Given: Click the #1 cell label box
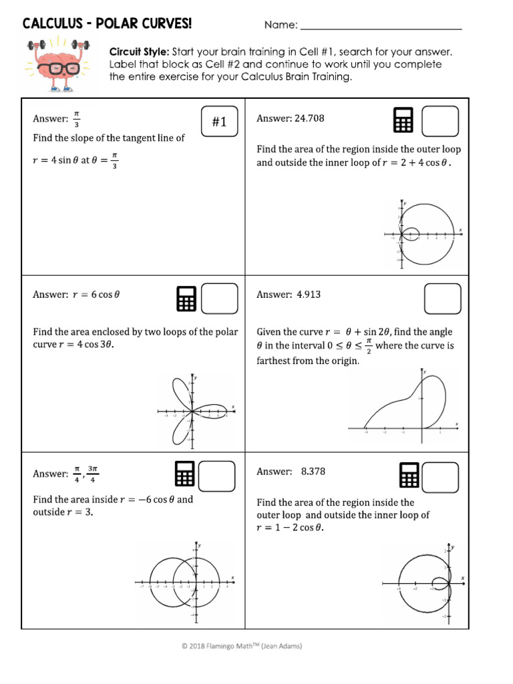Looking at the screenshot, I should (220, 121).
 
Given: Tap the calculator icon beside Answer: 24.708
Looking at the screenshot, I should (403, 120).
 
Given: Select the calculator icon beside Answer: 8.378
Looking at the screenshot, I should (409, 476).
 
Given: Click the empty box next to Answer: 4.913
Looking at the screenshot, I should (442, 298).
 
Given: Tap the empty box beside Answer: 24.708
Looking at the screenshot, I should (440, 121).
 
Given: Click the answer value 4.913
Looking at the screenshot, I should (309, 295).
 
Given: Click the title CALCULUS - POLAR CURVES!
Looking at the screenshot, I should (107, 25).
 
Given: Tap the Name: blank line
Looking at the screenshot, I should (381, 27).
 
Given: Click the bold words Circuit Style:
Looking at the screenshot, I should (139, 51).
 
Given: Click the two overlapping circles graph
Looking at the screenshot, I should (186, 580).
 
